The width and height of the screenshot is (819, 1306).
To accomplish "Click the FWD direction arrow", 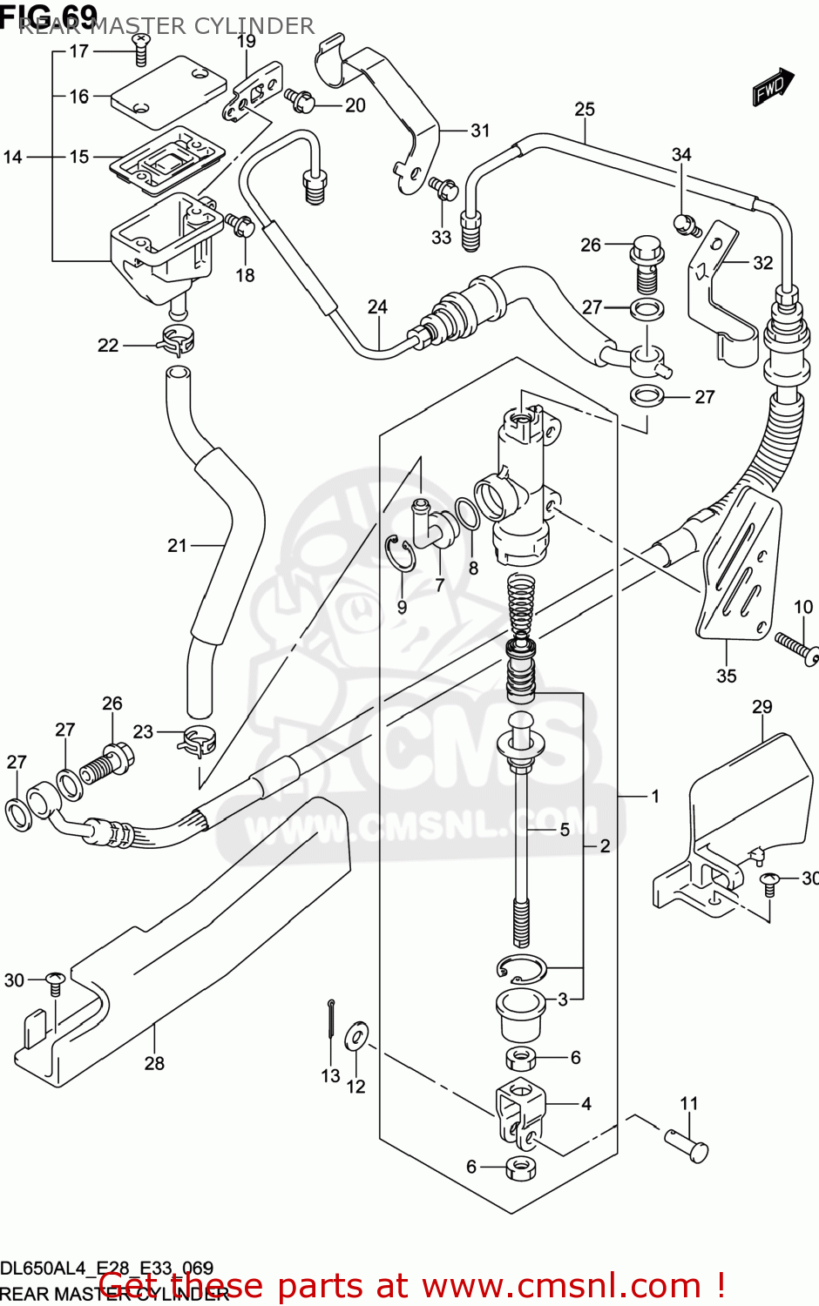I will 773,87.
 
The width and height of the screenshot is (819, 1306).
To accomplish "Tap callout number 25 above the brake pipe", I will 585,109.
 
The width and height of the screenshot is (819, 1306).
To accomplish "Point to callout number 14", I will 12,157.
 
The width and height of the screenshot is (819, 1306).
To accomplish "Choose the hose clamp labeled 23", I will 198,742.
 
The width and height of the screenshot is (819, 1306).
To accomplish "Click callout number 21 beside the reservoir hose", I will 177,545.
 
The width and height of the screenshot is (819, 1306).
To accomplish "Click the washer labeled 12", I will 356,1034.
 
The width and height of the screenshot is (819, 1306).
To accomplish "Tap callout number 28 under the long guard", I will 154,1062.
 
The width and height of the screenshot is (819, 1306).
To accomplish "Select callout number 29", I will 761,706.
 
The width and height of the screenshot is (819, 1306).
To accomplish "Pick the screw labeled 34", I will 685,225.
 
